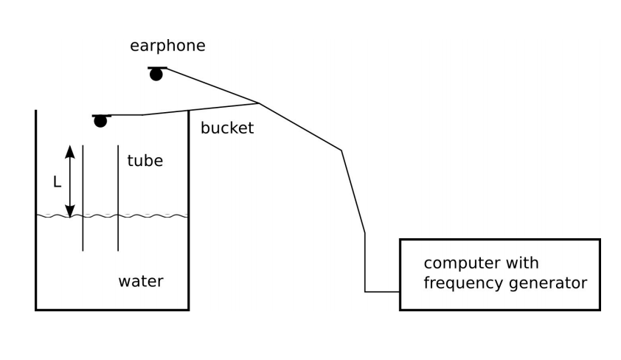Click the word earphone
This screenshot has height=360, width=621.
pyautogui.click(x=167, y=46)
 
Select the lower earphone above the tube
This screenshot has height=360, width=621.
pyautogui.click(x=101, y=120)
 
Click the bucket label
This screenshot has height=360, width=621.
pyautogui.click(x=227, y=128)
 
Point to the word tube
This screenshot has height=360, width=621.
pyautogui.click(x=145, y=161)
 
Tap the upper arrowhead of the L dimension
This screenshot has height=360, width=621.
pyautogui.click(x=70, y=150)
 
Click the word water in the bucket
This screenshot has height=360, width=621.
pyautogui.click(x=141, y=281)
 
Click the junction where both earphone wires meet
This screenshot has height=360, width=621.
pyautogui.click(x=258, y=103)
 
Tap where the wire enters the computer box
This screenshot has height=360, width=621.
pyautogui.click(x=400, y=292)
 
